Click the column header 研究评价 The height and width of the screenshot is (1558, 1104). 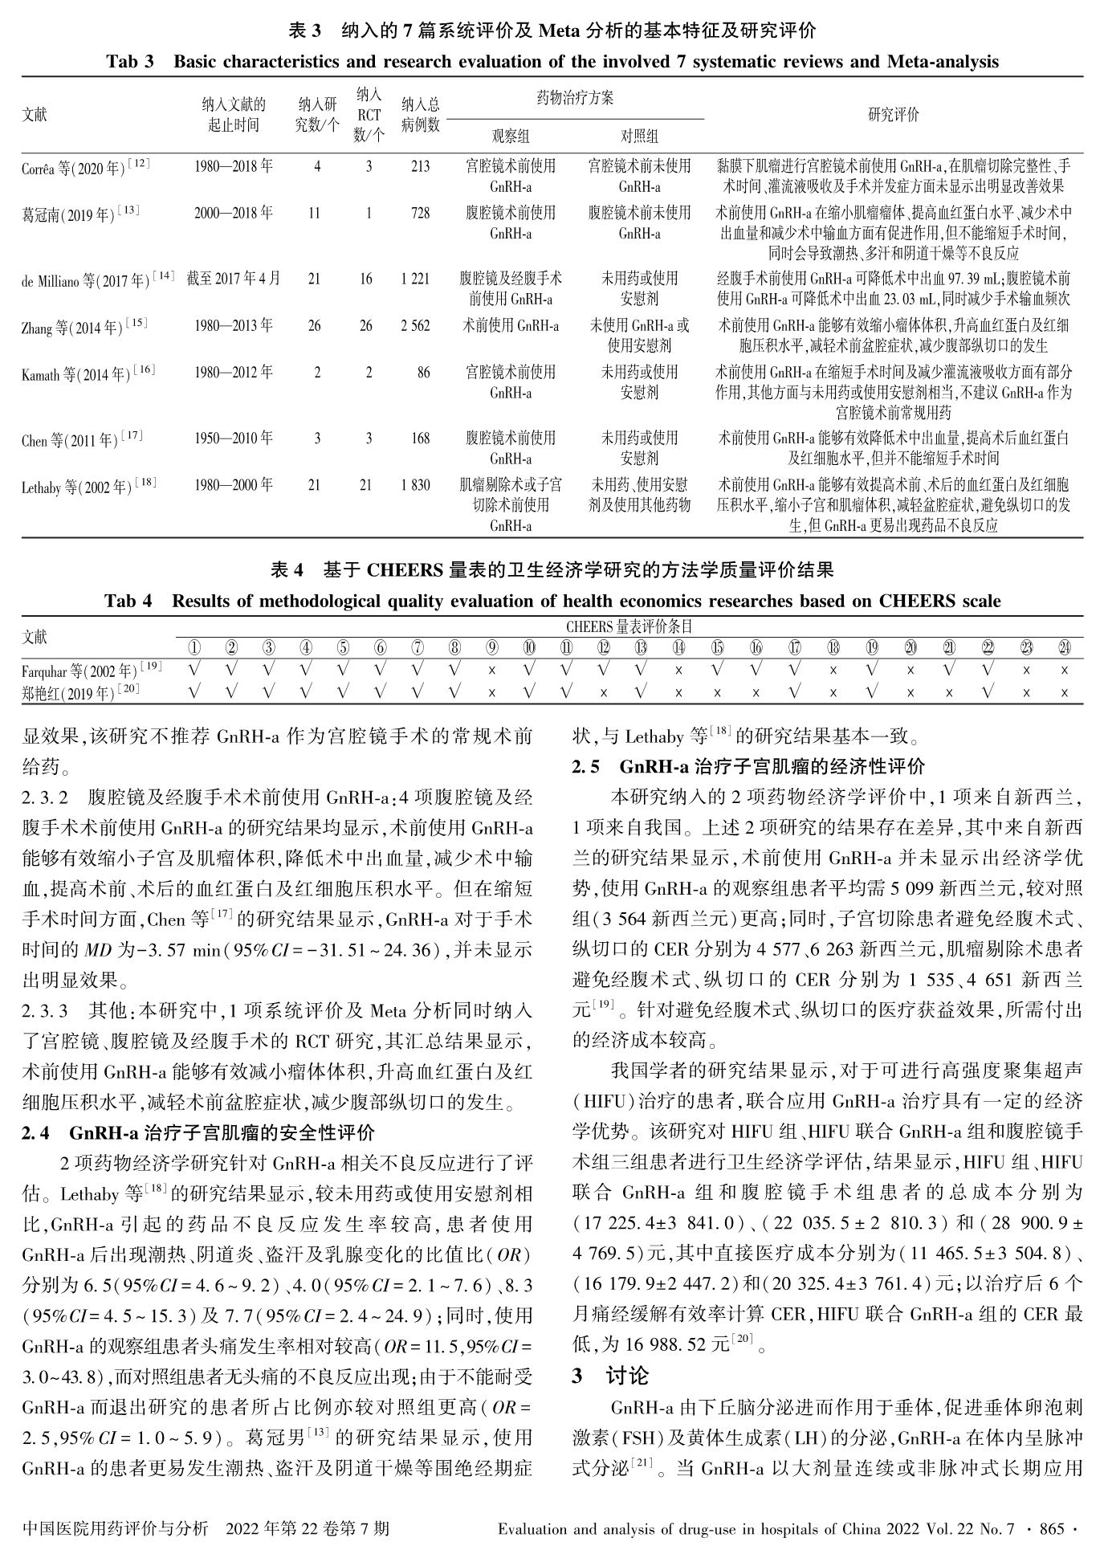(x=893, y=115)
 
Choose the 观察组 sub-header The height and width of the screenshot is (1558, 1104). (x=511, y=136)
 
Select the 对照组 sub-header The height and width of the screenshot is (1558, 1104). (x=639, y=136)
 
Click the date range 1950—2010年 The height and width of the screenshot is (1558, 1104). (x=234, y=438)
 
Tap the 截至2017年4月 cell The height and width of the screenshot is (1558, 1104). (x=234, y=279)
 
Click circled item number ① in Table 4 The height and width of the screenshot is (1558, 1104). (x=194, y=647)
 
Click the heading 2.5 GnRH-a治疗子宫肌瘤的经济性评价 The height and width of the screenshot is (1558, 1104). (x=748, y=766)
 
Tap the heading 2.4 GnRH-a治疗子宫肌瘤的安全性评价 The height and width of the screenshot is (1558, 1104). (x=198, y=1133)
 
